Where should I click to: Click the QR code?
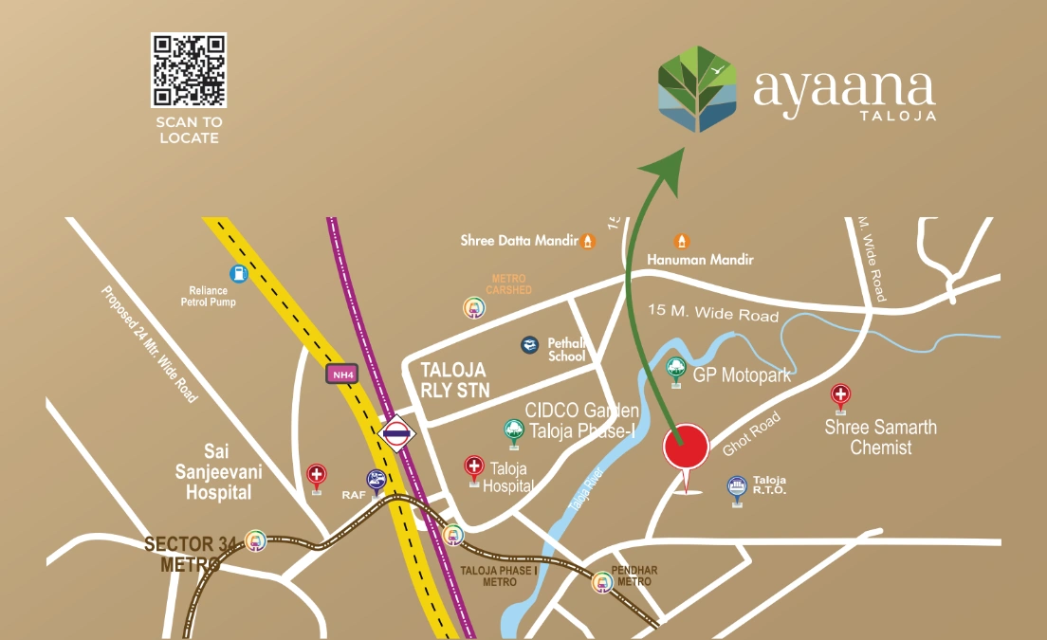[x=189, y=70]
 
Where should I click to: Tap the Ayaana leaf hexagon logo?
[x=698, y=88]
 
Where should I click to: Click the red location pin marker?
[x=686, y=448]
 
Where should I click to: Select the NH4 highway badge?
[x=342, y=374]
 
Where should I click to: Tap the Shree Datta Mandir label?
[x=520, y=241]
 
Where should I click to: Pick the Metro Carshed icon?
[x=472, y=307]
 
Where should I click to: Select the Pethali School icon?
[x=530, y=345]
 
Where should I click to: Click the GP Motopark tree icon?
[x=676, y=369]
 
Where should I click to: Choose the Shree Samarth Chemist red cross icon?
[x=840, y=394]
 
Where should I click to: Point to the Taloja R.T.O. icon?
[x=737, y=486]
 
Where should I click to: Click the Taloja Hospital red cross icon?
[x=473, y=466]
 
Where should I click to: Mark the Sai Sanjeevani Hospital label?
[x=218, y=469]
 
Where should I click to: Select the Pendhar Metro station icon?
[x=601, y=582]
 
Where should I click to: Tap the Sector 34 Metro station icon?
[x=254, y=540]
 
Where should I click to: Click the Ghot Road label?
[x=751, y=433]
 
